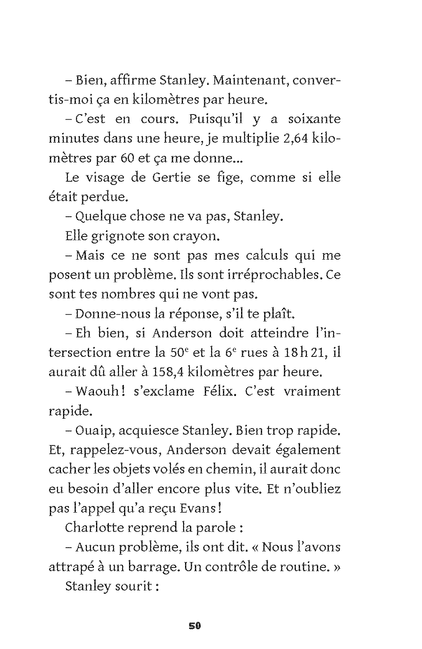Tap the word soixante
coord(314,119)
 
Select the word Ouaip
coord(95,431)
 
